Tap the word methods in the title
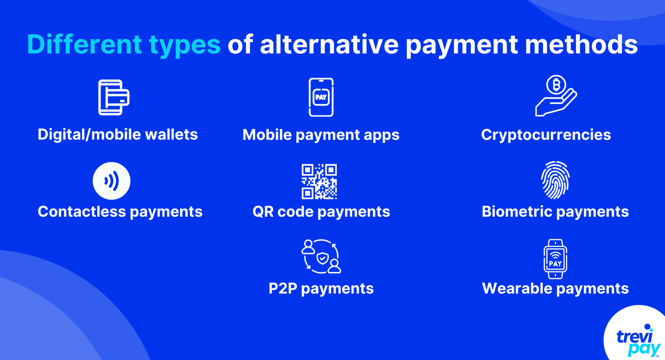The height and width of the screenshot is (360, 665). click(x=581, y=44)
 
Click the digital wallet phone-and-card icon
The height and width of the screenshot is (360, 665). click(x=114, y=97)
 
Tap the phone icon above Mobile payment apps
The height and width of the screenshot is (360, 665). click(x=321, y=97)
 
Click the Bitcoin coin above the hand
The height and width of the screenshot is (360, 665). click(x=556, y=85)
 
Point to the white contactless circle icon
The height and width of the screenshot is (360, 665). click(x=111, y=181)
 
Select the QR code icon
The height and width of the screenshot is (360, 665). click(x=319, y=181)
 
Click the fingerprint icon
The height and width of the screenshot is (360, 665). click(x=555, y=180)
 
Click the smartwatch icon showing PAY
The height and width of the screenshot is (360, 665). click(x=555, y=259)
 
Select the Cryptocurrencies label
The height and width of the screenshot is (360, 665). click(x=546, y=135)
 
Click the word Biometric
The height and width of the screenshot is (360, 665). click(x=517, y=212)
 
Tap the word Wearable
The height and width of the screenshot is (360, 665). click(x=517, y=288)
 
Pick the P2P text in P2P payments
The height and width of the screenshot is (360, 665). click(x=283, y=288)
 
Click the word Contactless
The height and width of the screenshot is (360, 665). click(x=82, y=212)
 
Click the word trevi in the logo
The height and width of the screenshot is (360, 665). click(x=635, y=336)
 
